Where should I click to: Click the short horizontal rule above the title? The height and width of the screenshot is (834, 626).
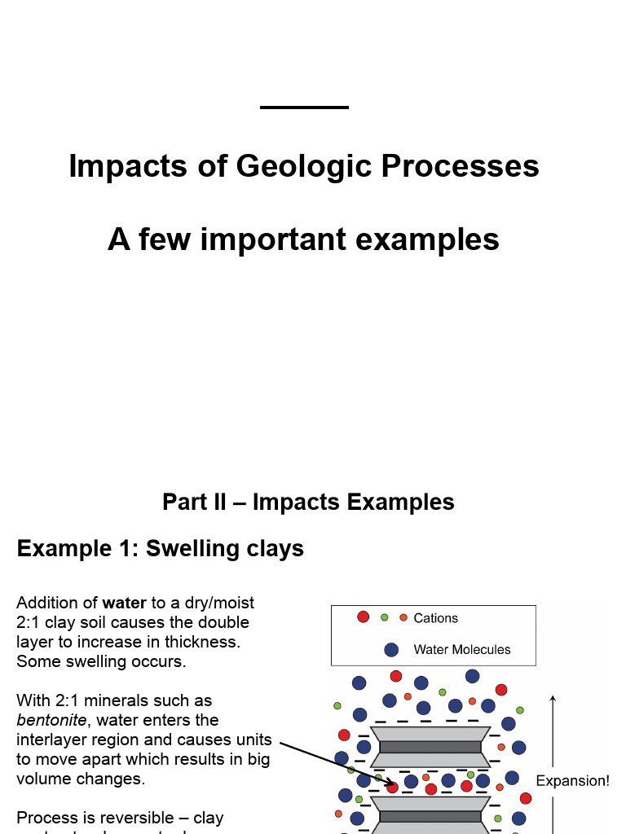pyautogui.click(x=304, y=107)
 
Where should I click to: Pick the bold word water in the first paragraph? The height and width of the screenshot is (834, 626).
pyautogui.click(x=124, y=603)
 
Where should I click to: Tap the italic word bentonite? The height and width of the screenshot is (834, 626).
pyautogui.click(x=51, y=720)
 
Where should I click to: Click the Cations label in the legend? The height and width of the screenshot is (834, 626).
pyautogui.click(x=435, y=618)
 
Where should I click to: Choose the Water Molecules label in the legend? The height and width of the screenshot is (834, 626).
pyautogui.click(x=461, y=649)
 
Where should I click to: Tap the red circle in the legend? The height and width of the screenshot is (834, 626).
pyautogui.click(x=363, y=617)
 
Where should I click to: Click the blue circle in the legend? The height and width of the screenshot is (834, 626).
pyautogui.click(x=391, y=649)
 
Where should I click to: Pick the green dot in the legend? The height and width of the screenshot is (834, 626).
pyautogui.click(x=385, y=617)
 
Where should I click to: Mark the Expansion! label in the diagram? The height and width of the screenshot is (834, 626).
pyautogui.click(x=572, y=780)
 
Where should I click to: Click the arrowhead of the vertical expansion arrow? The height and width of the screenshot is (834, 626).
pyautogui.click(x=553, y=699)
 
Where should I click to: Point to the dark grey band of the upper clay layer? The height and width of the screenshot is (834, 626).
pyautogui.click(x=430, y=747)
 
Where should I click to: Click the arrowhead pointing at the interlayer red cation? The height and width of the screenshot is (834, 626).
pyautogui.click(x=390, y=785)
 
